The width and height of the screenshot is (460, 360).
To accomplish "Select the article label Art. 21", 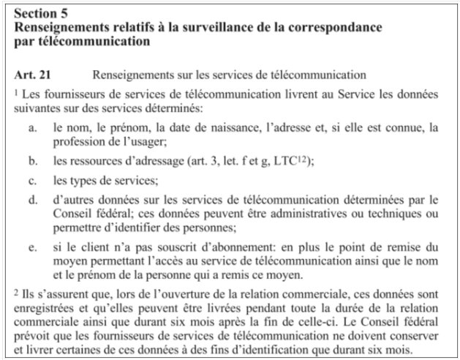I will point(32,74).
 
